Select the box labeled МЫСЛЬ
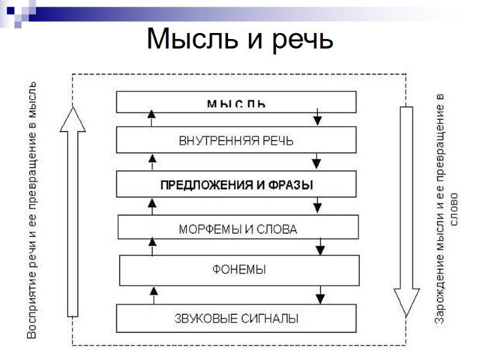tap(236, 103)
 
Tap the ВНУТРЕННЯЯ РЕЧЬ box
tap(236, 140)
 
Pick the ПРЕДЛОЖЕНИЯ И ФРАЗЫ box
tap(236, 185)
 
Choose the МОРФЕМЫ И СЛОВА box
tap(238, 229)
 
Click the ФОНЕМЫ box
tap(239, 269)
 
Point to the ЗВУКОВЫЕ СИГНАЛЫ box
tap(236, 318)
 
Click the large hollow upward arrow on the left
tap(73, 210)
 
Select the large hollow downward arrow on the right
tap(406, 210)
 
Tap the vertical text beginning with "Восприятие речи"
tap(32, 210)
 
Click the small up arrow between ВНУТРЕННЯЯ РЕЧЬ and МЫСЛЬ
tap(151, 118)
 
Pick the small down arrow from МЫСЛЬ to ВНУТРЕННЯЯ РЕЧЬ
tap(317, 118)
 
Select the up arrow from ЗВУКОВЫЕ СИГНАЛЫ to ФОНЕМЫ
tap(153, 295)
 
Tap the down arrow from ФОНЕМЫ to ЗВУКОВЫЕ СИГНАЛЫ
tap(320, 295)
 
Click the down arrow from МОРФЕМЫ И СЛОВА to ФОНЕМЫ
tap(320, 247)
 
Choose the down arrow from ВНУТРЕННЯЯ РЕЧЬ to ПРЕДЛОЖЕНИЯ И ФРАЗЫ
tap(317, 161)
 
